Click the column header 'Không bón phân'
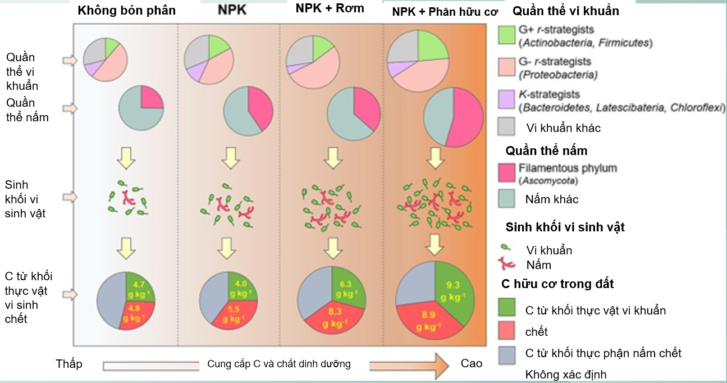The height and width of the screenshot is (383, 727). point(126,11)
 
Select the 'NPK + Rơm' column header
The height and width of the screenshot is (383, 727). point(330,8)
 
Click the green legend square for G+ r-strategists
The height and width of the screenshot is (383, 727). point(507,34)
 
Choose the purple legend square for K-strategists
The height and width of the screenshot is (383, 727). point(507,100)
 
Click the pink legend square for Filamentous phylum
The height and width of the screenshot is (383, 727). point(507,172)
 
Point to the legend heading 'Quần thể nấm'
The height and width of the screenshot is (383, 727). point(546,151)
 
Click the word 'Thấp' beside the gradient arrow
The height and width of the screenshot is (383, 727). point(69,364)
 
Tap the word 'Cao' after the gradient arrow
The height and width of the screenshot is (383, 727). point(472,363)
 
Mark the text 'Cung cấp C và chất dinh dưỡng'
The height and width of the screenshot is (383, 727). point(279,364)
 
